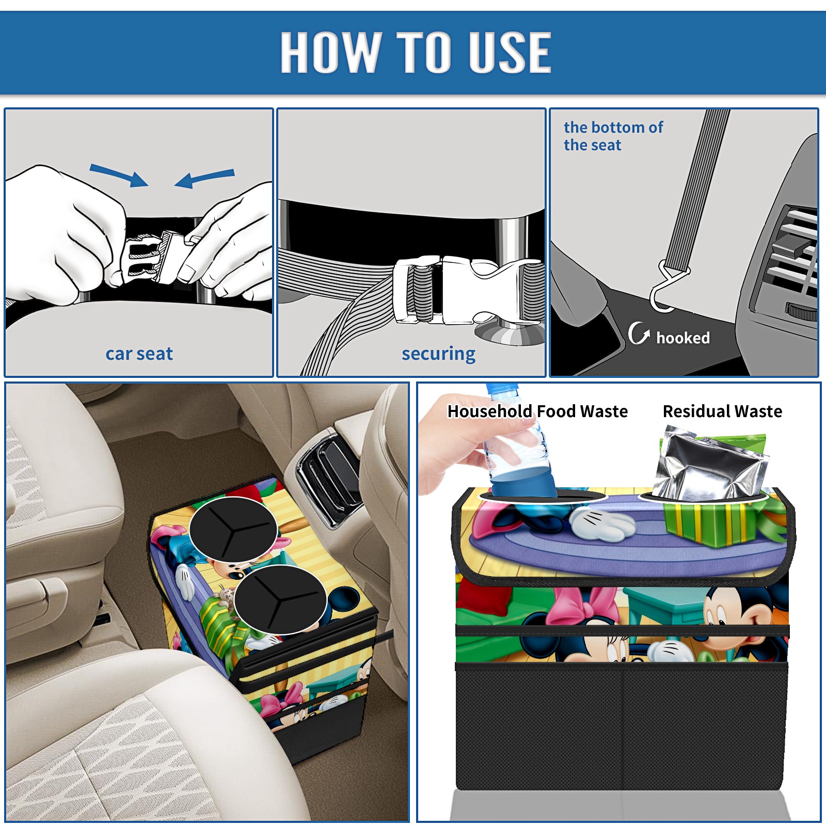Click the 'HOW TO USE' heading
pyautogui.click(x=416, y=52)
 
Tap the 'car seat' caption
pyautogui.click(x=139, y=354)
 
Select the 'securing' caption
pyautogui.click(x=438, y=354)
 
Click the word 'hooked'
pyautogui.click(x=683, y=338)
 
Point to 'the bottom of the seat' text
pyautogui.click(x=613, y=136)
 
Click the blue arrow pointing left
pyautogui.click(x=204, y=178)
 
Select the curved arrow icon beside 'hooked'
pyautogui.click(x=639, y=333)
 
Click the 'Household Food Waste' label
pyautogui.click(x=537, y=411)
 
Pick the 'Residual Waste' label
pyautogui.click(x=722, y=411)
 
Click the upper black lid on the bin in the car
pyautogui.click(x=233, y=529)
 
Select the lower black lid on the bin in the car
pyautogui.click(x=280, y=599)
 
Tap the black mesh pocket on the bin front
pyautogui.click(x=622, y=728)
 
